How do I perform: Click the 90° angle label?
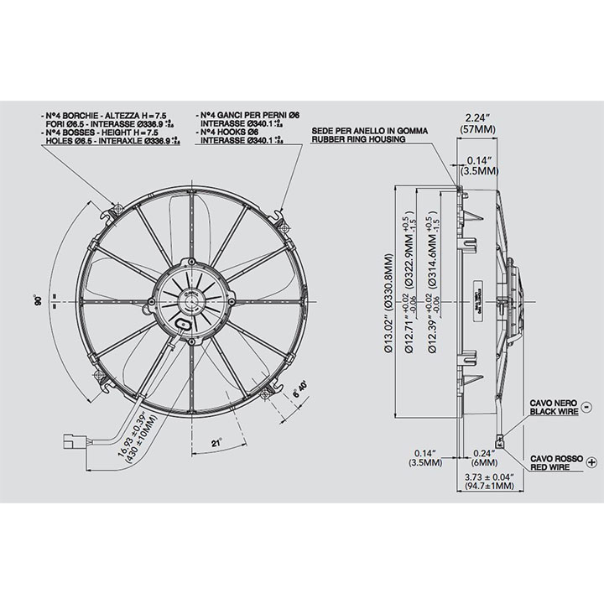tap(39, 299)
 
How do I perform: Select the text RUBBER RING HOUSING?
tap(359, 139)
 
